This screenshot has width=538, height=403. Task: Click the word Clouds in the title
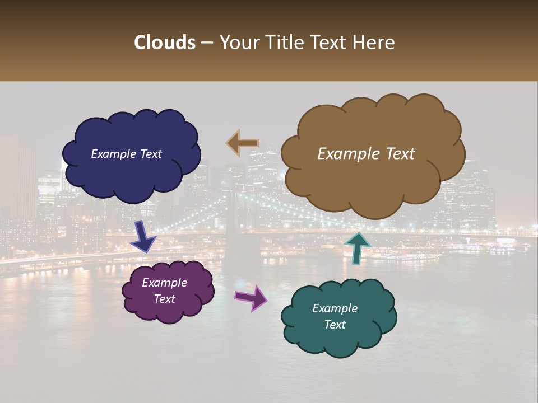pos(165,43)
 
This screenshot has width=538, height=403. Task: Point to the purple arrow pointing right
pos(251,297)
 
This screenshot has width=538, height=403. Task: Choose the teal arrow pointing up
pos(357,247)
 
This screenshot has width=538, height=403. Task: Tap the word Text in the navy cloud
pos(150,154)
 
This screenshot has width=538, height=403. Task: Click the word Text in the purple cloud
pos(165,299)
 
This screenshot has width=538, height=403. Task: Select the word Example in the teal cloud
pos(335,308)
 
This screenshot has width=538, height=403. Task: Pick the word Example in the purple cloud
pos(164,283)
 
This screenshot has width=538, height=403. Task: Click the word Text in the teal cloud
pos(335,325)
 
